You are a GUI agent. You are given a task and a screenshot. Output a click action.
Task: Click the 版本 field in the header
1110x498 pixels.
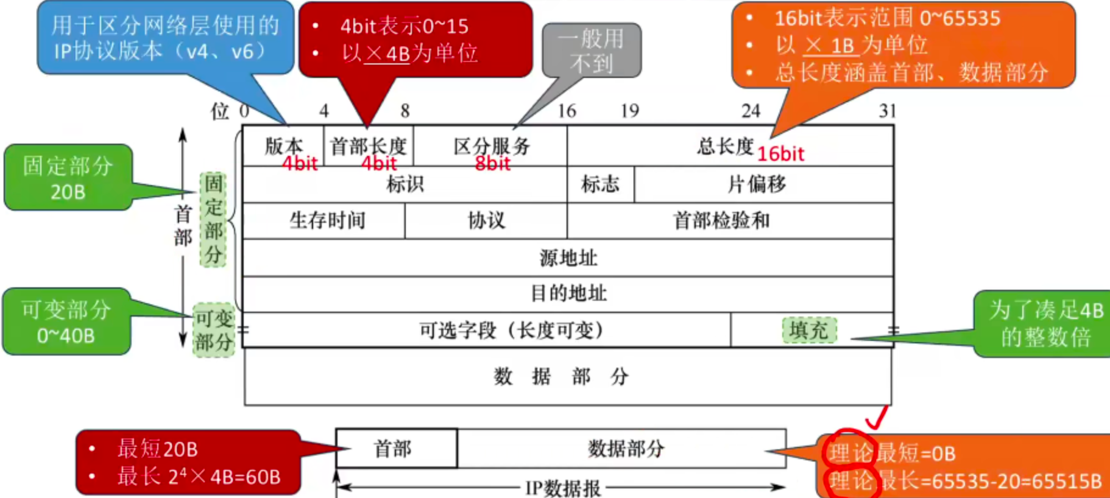tap(283, 146)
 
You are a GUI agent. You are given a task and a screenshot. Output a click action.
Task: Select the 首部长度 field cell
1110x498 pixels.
tap(368, 146)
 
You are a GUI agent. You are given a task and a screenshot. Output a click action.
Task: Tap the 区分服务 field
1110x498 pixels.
tap(491, 146)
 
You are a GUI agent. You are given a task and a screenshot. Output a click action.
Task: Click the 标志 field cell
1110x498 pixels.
tap(600, 184)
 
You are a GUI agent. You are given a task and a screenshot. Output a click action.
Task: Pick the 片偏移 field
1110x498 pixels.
tap(757, 184)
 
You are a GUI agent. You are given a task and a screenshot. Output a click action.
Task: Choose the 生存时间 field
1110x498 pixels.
tap(327, 220)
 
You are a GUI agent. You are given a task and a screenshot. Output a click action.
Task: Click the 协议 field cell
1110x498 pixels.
tap(486, 220)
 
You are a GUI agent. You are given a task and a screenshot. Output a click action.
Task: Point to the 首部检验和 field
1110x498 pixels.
tap(721, 220)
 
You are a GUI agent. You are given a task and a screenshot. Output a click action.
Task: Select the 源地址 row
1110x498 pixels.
tap(568, 258)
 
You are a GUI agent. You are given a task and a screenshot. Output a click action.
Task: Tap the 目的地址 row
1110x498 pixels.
tap(568, 293)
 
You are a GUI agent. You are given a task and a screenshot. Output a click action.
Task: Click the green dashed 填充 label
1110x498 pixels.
tap(808, 330)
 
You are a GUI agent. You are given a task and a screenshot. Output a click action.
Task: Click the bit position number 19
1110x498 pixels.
tap(629, 111)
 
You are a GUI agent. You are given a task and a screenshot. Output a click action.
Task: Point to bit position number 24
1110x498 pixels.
tap(751, 111)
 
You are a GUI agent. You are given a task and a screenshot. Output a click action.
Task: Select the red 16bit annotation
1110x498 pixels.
tap(780, 154)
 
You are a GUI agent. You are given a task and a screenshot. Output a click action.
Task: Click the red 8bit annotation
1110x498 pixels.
tap(492, 163)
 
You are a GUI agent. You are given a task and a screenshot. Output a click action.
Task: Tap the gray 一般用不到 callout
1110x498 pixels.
tap(591, 51)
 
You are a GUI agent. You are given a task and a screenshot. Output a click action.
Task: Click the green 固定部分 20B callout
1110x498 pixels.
tap(68, 178)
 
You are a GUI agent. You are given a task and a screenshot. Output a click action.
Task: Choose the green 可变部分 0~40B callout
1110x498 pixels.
tap(66, 321)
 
